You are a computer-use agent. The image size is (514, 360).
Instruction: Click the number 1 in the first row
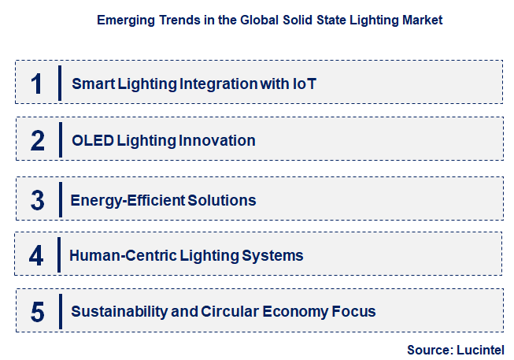tap(37, 83)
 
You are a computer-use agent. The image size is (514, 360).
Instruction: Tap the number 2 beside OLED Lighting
tap(38, 140)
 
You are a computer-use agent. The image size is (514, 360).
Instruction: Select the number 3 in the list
tap(38, 199)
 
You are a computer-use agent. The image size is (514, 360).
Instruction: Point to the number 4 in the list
tap(37, 255)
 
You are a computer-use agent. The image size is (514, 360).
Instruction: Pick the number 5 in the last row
tap(38, 311)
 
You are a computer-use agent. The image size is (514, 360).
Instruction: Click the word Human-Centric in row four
tap(117, 255)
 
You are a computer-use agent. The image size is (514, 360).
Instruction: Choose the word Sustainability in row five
tap(118, 311)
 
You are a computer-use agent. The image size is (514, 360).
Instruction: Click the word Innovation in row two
tap(218, 141)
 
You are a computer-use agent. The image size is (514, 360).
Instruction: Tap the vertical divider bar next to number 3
tap(60, 199)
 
